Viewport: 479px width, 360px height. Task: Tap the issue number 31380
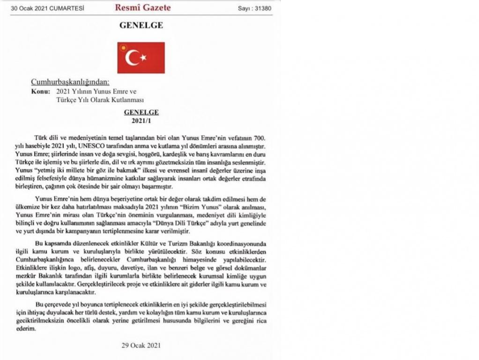point(262,8)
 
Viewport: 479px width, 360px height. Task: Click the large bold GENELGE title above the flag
point(141,26)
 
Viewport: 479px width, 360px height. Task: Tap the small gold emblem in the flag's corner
point(123,47)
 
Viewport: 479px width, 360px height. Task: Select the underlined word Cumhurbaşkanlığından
point(70,82)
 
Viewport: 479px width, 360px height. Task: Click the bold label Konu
point(40,91)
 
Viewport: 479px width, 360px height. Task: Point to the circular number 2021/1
point(141,120)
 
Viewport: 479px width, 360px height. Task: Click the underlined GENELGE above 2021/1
point(141,112)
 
